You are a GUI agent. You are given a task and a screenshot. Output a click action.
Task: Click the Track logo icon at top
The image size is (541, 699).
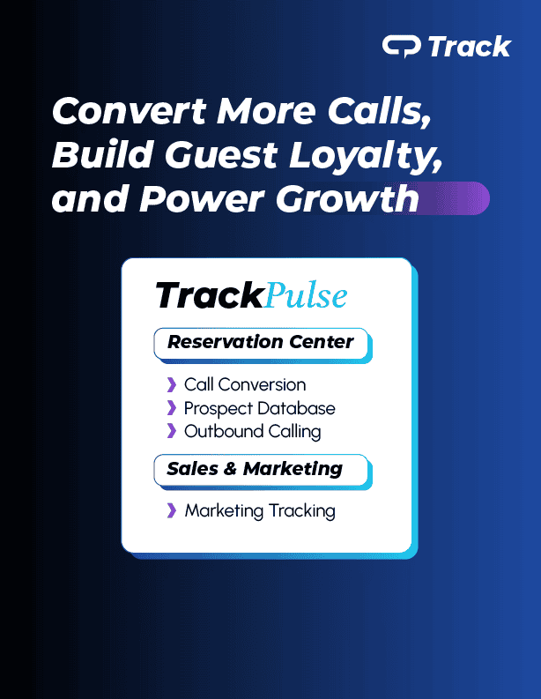tap(401, 47)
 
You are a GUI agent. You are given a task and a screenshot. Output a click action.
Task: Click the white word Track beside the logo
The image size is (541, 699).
tap(470, 47)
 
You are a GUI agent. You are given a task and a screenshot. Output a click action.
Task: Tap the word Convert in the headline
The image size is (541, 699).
tap(130, 111)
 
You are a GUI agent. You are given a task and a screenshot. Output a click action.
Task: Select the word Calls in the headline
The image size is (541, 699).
tap(380, 110)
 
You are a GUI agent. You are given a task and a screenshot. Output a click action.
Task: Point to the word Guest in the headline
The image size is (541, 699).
tap(221, 154)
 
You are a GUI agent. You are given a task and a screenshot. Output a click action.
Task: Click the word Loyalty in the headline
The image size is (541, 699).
tap(366, 156)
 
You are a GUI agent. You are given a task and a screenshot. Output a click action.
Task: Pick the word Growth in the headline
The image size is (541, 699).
tap(347, 198)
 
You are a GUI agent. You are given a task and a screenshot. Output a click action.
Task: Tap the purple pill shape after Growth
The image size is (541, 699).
tap(455, 198)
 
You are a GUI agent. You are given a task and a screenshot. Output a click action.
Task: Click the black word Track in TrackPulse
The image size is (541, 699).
tap(210, 294)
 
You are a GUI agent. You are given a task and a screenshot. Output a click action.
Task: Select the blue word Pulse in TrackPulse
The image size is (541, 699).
tap(306, 294)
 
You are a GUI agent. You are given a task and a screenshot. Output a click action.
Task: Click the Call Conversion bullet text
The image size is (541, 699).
tap(245, 384)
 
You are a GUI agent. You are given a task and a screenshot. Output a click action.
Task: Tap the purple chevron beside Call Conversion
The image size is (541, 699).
tap(172, 384)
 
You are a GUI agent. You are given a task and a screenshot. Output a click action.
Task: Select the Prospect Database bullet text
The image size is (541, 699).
tap(259, 408)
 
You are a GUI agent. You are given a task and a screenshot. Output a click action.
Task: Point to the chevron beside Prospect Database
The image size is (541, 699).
tap(172, 407)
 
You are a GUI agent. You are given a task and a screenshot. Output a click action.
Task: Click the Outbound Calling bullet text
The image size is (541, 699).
tap(252, 432)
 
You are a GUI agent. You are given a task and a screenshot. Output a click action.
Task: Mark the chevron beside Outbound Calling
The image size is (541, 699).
tap(172, 431)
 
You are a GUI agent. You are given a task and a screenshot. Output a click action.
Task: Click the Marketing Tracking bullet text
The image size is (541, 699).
tap(260, 511)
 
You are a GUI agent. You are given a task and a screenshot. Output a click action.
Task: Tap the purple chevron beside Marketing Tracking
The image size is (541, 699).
tap(172, 510)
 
